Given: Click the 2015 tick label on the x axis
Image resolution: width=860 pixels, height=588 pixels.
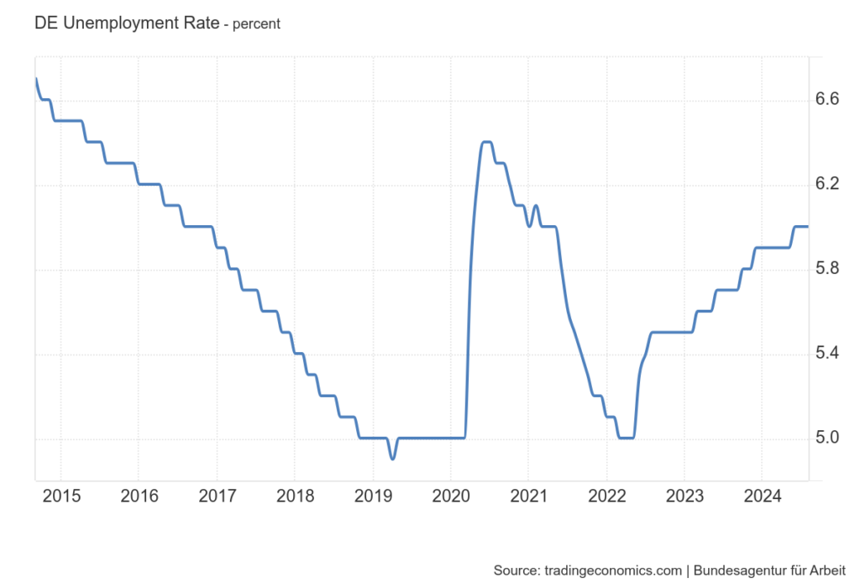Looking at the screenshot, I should click(x=61, y=496).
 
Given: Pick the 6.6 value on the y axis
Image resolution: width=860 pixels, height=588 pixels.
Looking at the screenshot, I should click(x=827, y=100).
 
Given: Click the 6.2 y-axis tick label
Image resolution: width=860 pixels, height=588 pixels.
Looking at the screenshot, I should click(x=827, y=185).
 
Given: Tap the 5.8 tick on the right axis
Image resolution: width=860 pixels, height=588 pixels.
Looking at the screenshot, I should click(x=827, y=270).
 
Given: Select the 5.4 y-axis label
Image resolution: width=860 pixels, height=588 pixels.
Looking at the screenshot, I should click(x=827, y=354).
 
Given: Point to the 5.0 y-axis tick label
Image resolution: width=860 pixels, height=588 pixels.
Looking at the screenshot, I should click(x=827, y=438).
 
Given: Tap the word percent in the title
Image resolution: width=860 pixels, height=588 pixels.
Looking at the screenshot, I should click(x=256, y=24).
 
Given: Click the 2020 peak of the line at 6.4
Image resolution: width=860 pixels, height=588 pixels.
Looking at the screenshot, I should click(x=486, y=142).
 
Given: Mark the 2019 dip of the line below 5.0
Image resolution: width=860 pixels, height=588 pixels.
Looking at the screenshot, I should click(x=392, y=458).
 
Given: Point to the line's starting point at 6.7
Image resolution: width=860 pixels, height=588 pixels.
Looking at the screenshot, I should click(x=36, y=79).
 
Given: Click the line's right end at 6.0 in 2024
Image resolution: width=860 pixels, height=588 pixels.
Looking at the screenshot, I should click(x=807, y=226).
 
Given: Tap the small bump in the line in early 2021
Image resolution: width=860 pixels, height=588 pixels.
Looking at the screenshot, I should click(x=535, y=206).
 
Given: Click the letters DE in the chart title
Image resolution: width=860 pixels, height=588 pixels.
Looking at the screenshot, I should click(x=45, y=24).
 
